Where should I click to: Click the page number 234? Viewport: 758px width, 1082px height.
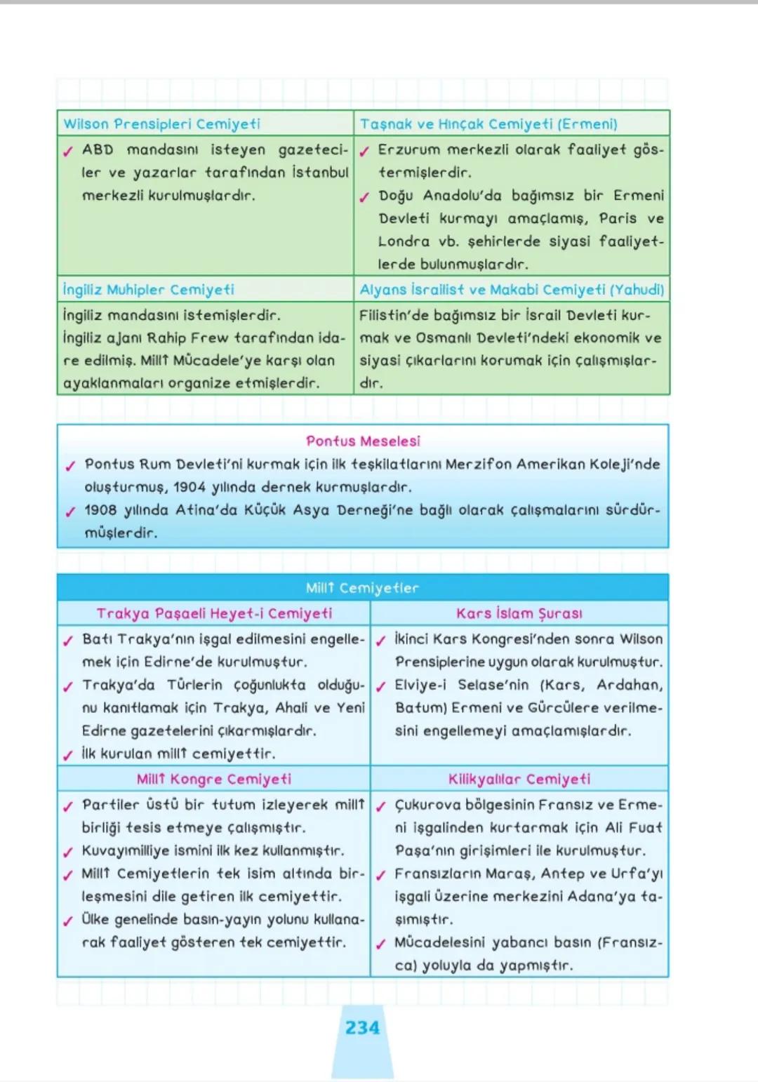pyautogui.click(x=362, y=1028)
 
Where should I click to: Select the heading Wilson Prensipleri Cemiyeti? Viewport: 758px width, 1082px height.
pyautogui.click(x=161, y=124)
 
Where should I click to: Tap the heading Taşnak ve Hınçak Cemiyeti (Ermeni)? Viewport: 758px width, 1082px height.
pyautogui.click(x=488, y=124)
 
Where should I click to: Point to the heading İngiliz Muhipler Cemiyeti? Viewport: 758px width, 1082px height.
pyautogui.click(x=149, y=290)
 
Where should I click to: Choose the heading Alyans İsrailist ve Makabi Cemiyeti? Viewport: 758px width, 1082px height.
pyautogui.click(x=512, y=290)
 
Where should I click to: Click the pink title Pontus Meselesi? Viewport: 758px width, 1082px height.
pyautogui.click(x=363, y=441)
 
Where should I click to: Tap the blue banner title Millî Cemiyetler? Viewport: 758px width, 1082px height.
pyautogui.click(x=362, y=588)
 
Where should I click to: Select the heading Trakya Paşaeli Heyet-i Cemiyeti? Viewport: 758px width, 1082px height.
pyautogui.click(x=214, y=613)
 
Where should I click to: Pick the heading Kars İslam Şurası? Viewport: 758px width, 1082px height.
pyautogui.click(x=519, y=613)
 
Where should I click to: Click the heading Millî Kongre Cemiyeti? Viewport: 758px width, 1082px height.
pyautogui.click(x=214, y=779)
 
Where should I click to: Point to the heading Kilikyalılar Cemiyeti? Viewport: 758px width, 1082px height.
pyautogui.click(x=519, y=779)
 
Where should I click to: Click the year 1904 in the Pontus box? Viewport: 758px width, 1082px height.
pyautogui.click(x=189, y=487)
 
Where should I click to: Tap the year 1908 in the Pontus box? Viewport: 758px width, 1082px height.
pyautogui.click(x=101, y=510)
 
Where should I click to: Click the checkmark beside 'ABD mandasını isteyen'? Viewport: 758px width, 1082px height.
pyautogui.click(x=68, y=151)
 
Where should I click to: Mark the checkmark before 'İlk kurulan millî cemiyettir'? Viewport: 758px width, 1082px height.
pyautogui.click(x=68, y=755)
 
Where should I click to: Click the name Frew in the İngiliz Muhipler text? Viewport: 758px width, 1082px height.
pyautogui.click(x=210, y=338)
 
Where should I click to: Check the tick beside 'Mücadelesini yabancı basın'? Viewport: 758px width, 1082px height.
pyautogui.click(x=380, y=944)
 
